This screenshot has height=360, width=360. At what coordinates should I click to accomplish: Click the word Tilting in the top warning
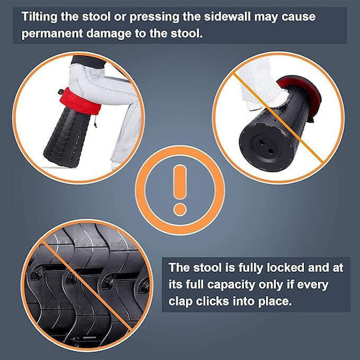tap(39, 17)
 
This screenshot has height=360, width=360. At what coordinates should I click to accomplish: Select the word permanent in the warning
tap(52, 34)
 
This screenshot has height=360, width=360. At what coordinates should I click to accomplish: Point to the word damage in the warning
tap(109, 34)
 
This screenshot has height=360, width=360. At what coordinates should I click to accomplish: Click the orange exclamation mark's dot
tap(179, 209)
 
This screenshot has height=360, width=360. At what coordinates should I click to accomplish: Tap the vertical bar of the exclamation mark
tap(179, 182)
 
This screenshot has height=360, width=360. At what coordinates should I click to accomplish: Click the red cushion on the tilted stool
tap(80, 102)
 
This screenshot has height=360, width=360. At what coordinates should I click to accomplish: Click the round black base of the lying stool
tap(267, 147)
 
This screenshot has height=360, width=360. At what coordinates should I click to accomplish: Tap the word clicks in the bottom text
tap(213, 301)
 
